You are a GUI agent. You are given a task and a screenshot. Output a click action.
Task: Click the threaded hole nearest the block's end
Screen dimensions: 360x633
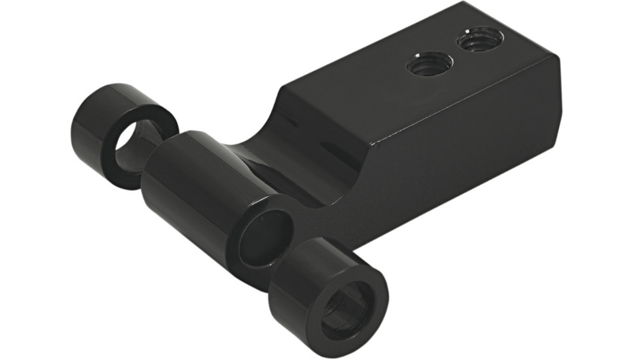coord(479,42)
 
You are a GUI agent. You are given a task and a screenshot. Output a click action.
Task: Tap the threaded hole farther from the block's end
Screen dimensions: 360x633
coord(430,65)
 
